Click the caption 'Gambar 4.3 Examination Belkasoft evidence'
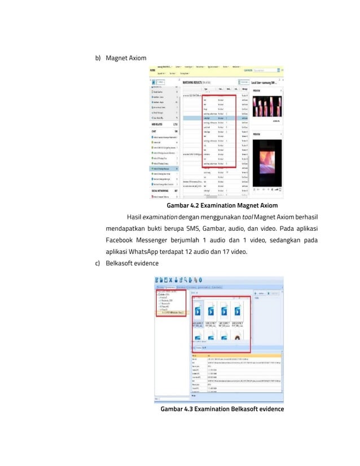click(x=222, y=408)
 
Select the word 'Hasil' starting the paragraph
click(x=134, y=217)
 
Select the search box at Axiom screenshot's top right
click(x=267, y=70)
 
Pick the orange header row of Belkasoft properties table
click(x=236, y=355)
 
